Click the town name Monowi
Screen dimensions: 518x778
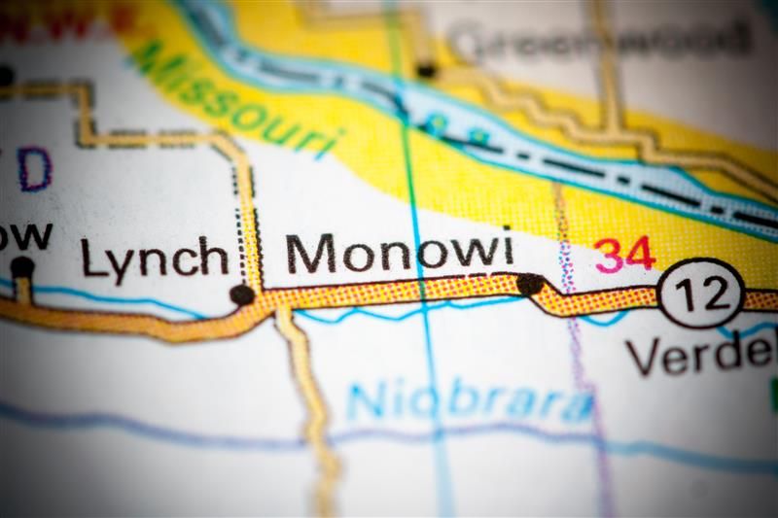point(394,253)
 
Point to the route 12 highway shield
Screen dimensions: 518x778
point(700,293)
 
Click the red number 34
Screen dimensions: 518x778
point(625,255)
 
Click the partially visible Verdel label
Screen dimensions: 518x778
point(700,355)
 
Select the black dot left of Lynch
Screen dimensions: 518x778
point(21,266)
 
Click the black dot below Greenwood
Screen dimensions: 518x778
point(426,69)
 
